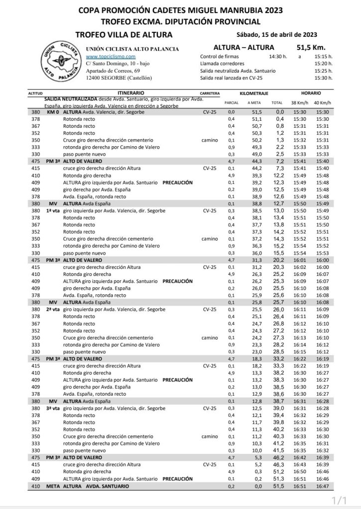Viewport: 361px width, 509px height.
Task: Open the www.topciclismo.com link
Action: (107, 57)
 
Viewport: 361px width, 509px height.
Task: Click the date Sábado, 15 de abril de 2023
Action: (278, 34)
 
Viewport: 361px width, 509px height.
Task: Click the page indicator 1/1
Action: (339, 499)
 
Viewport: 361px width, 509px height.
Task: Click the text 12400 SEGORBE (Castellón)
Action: (119, 79)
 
